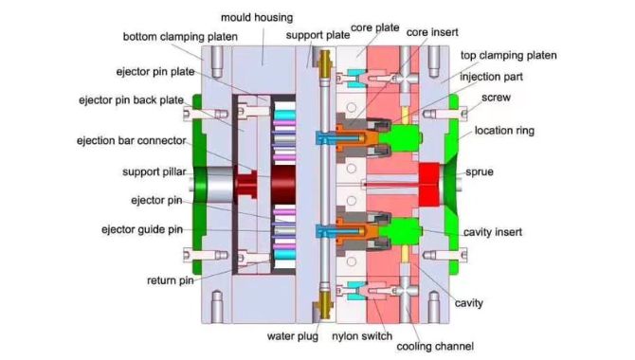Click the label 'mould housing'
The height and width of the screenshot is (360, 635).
tap(257, 17)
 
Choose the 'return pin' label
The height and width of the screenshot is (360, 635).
tap(172, 280)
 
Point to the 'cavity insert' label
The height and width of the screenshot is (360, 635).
tap(496, 232)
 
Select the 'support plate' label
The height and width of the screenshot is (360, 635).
tap(314, 35)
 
